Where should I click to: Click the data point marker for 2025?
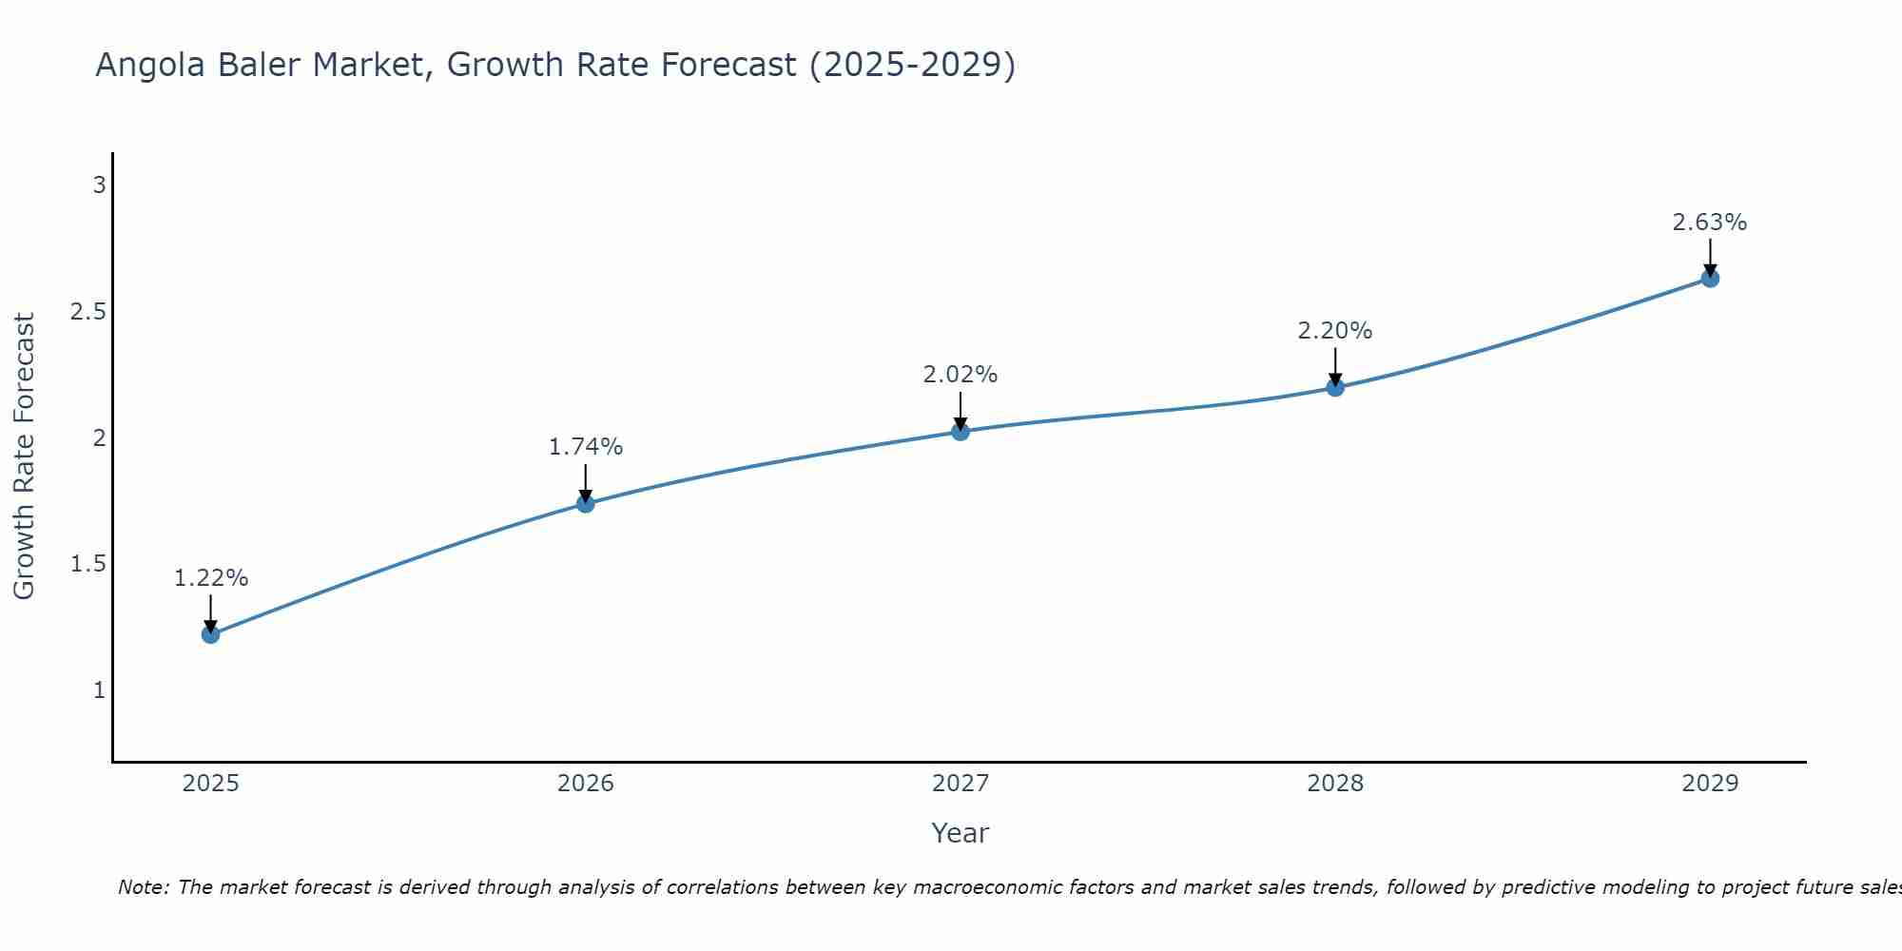(x=211, y=634)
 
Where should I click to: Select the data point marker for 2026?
(x=586, y=503)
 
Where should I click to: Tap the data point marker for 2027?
(x=961, y=432)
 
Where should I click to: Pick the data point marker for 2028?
(x=1335, y=387)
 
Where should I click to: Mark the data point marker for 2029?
(x=1710, y=279)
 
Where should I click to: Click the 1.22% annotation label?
(x=211, y=578)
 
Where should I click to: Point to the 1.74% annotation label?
(x=586, y=447)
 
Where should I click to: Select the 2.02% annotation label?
(x=961, y=375)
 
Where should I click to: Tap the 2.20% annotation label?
(x=1335, y=331)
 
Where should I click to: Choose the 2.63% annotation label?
(x=1710, y=223)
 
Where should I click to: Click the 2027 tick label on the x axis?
(x=961, y=784)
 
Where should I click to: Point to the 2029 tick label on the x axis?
(x=1710, y=784)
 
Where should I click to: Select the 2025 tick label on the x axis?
(x=211, y=784)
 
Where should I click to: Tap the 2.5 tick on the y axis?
(x=87, y=312)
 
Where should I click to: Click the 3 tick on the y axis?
(x=99, y=185)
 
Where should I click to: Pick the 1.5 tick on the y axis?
(x=87, y=564)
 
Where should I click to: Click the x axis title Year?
(x=961, y=833)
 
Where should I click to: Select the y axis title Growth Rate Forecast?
(x=24, y=456)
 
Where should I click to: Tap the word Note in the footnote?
(x=142, y=887)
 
